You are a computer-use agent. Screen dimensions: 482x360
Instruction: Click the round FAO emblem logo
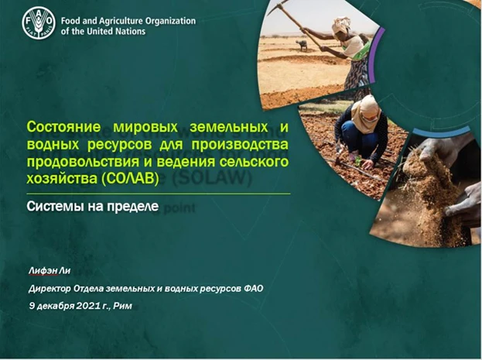click(x=39, y=24)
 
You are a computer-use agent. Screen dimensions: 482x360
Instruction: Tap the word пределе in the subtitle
click(x=133, y=207)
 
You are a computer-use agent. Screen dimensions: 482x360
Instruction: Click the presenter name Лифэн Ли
click(x=50, y=270)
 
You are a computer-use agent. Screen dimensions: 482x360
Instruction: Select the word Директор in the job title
click(x=50, y=289)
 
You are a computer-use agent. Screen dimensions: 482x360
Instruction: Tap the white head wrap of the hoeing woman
click(x=341, y=24)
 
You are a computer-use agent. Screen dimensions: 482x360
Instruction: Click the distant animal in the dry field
click(x=302, y=45)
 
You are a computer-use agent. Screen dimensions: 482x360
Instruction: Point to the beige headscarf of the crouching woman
click(x=367, y=113)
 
